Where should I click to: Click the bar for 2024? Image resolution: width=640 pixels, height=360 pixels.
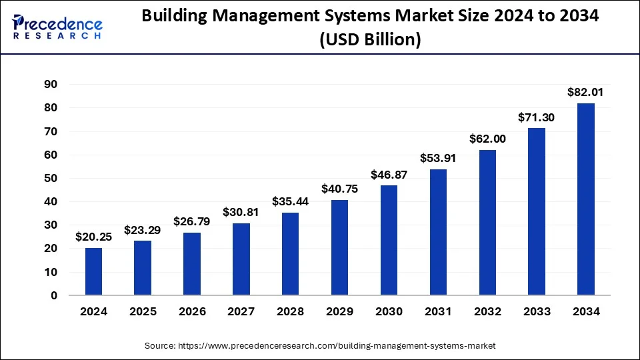coord(93,271)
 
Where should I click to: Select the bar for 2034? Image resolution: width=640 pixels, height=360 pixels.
coord(585,199)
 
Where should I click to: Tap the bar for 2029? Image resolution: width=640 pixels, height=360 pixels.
coord(339,247)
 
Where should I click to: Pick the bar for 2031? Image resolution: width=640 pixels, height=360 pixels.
coord(438,232)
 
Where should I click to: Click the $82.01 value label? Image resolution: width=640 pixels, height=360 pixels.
coord(585,93)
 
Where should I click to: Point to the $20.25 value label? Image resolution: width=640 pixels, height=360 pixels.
coord(93,237)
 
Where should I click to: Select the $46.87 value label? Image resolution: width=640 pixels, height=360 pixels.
coord(389,175)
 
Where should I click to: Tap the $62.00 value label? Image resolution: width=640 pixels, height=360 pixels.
coord(487,139)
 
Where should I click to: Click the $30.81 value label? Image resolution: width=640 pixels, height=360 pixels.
coord(241,212)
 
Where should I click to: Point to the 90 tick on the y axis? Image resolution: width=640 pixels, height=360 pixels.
coord(51,85)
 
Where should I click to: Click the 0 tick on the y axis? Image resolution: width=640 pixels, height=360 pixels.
coord(54,295)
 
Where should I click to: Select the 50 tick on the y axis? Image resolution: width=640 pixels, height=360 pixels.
coord(51,179)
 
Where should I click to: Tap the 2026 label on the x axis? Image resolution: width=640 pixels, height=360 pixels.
coord(192,312)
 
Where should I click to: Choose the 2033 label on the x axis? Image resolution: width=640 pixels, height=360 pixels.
coord(536,312)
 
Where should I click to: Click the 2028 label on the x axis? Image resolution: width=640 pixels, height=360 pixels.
coord(290,312)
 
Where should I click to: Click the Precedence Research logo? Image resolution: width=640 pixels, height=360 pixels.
coord(57,27)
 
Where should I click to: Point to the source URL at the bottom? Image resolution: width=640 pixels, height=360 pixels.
coord(320,346)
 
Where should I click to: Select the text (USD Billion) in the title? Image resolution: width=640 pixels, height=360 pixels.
coord(370,40)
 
